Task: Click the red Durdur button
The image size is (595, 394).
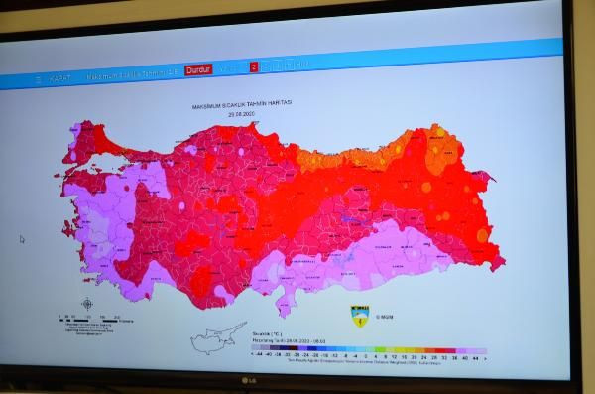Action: click(x=198, y=70)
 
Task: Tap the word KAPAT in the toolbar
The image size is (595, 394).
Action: click(x=59, y=77)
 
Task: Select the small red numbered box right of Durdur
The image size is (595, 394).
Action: click(x=254, y=67)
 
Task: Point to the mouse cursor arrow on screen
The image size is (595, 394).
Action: click(x=22, y=239)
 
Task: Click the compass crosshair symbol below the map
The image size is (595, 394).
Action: click(x=87, y=304)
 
